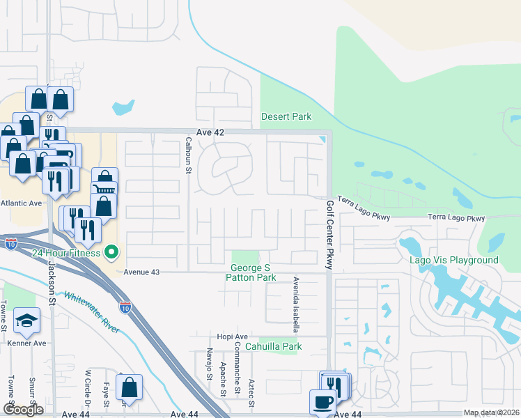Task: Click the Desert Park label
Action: pyautogui.click(x=286, y=116)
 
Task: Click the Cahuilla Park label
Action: pyautogui.click(x=277, y=346)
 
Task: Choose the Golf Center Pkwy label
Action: pyautogui.click(x=330, y=235)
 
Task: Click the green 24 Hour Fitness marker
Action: pyautogui.click(x=110, y=252)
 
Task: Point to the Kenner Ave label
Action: pyautogui.click(x=27, y=343)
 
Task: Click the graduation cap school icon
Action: pyautogui.click(x=26, y=320)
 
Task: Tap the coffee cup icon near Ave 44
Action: pyautogui.click(x=322, y=402)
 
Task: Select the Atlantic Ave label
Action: pyautogui.click(x=22, y=203)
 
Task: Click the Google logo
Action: pyautogui.click(x=23, y=410)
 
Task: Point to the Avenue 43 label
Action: pyautogui.click(x=142, y=272)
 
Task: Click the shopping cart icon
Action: pyautogui.click(x=104, y=189)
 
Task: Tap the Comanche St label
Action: pyautogui.click(x=237, y=370)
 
